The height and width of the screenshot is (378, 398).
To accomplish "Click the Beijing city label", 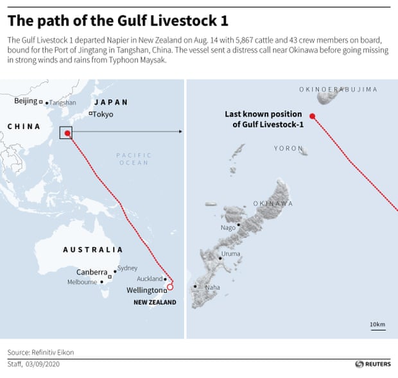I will pos(26,101).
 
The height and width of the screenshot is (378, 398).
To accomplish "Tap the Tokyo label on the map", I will pos(103,114).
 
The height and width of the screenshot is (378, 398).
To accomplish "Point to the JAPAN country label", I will pos(111,102).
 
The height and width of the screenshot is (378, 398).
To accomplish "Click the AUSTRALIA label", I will pos(92,250).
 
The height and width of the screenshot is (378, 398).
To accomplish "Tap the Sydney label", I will pos(127,268).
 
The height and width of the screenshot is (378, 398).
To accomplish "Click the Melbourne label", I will pos(82,282).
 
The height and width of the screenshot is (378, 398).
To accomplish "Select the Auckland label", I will pos(150,279).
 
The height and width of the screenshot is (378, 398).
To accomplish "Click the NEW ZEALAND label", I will pos(154,302).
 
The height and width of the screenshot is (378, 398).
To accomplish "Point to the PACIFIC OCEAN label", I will pos(134,159).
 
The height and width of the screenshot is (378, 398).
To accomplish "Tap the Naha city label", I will pos(212,287).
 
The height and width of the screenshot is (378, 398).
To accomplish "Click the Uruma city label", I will pos(230,254).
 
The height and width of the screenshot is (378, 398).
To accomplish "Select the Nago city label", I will pos(228,227).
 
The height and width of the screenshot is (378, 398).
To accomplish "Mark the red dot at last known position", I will pos(312,116).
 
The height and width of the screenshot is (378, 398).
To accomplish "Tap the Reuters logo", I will pos(372,364).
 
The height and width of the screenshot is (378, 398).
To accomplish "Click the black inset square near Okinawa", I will pos(66,133).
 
